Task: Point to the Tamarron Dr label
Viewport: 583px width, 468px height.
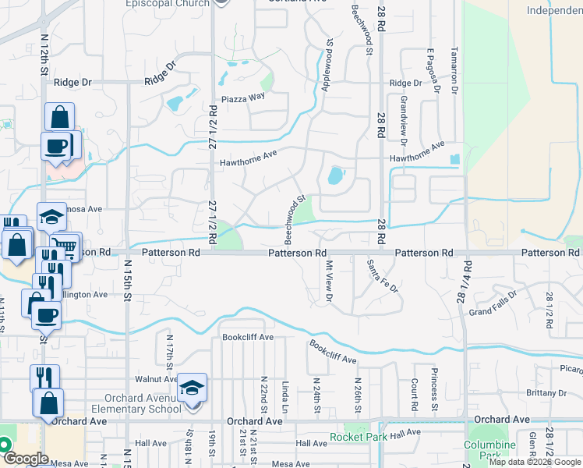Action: click(x=453, y=69)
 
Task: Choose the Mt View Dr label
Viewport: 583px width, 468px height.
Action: click(x=329, y=282)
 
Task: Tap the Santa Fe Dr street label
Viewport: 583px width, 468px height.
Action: click(x=383, y=276)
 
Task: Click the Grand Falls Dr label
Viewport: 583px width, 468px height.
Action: click(x=493, y=312)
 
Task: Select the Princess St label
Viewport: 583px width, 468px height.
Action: click(x=434, y=389)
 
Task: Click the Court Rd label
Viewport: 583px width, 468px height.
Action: click(x=413, y=393)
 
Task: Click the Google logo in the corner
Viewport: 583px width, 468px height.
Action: click(x=26, y=459)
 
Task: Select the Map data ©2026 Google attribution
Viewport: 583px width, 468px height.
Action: click(x=535, y=462)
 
